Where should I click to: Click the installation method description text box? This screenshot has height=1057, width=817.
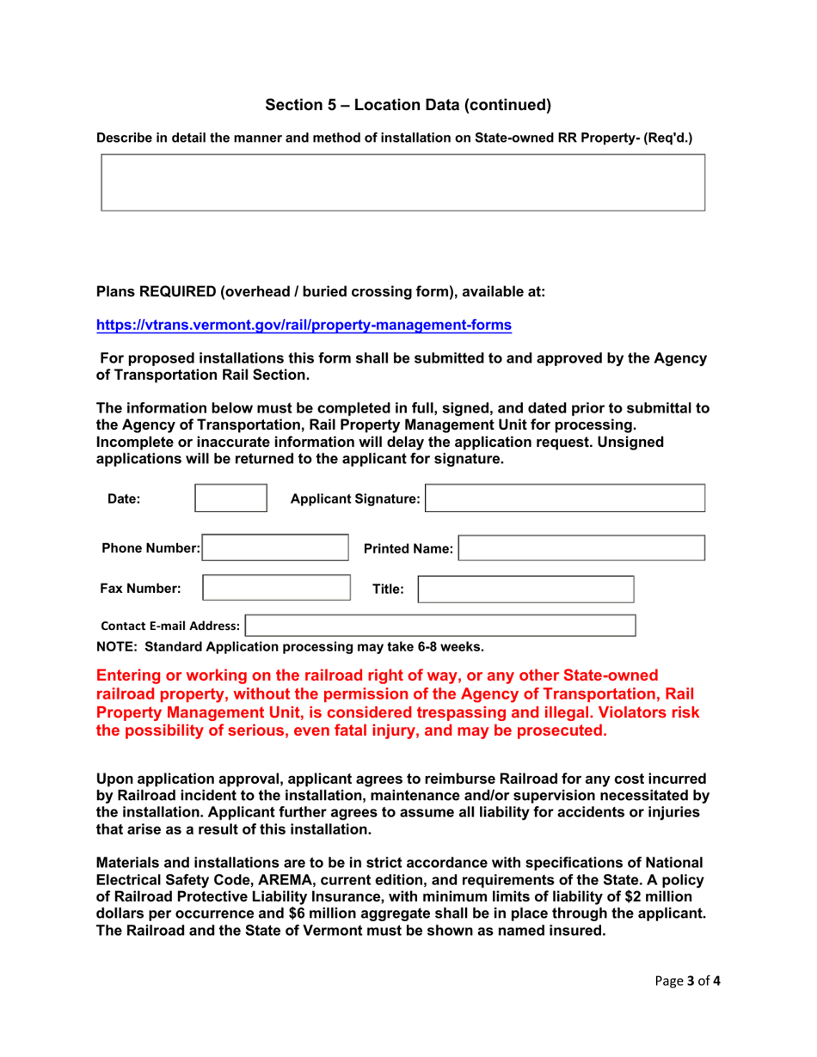403,182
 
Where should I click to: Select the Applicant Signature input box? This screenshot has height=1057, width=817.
566,498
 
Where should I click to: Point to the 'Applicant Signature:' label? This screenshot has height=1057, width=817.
355,498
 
